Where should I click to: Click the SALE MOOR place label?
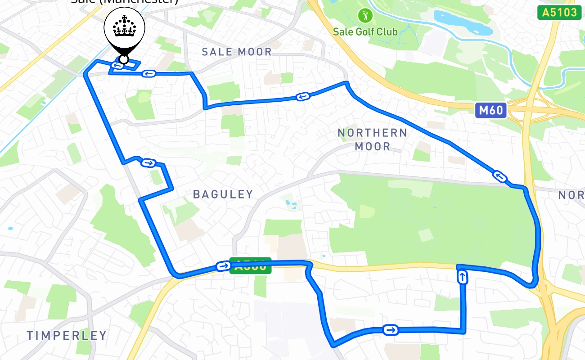point(237,52)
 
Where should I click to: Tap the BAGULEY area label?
point(223,194)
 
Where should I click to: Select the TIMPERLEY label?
point(67,335)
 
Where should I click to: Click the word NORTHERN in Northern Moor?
point(372,133)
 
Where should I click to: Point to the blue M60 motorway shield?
point(490,110)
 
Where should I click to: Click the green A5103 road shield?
point(559,12)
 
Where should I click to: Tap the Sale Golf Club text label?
point(365,31)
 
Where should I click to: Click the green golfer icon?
point(365,16)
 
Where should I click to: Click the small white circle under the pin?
point(123,59)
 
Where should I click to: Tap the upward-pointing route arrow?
point(462,277)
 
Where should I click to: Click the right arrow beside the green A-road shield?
point(223,266)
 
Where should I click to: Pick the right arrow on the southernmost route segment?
point(391,330)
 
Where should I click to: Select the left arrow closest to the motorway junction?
point(499,176)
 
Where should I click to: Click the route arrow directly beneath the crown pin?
point(117,66)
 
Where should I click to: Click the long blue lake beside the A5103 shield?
point(461,22)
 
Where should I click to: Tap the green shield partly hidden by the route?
point(251,266)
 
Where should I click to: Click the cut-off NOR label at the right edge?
point(571,195)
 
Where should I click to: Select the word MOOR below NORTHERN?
point(372,146)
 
